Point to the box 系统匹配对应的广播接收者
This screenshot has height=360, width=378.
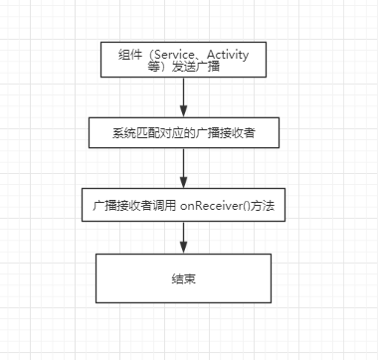click(183, 131)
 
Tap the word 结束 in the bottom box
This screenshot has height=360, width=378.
click(183, 278)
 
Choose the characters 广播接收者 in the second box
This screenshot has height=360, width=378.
click(227, 131)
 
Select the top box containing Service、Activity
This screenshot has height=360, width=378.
click(183, 61)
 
